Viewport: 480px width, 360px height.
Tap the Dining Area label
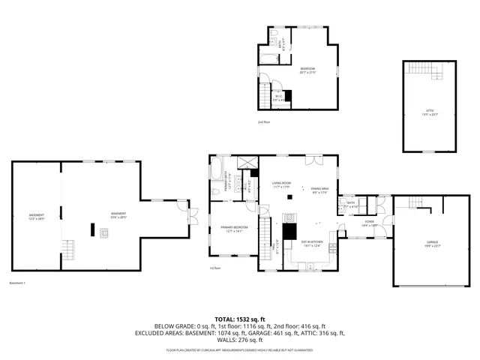(x=320, y=189)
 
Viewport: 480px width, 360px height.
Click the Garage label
(x=433, y=243)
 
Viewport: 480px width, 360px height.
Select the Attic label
(x=430, y=112)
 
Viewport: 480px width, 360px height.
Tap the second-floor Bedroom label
(x=308, y=70)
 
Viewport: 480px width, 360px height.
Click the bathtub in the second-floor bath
(x=268, y=57)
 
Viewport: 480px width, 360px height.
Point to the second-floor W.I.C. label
(x=277, y=96)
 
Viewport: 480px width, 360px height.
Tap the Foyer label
(x=370, y=223)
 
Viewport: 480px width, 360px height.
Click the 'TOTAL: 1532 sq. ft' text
(x=240, y=319)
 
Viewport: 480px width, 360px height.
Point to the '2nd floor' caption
(x=262, y=121)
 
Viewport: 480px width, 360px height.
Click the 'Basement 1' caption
(x=17, y=283)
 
